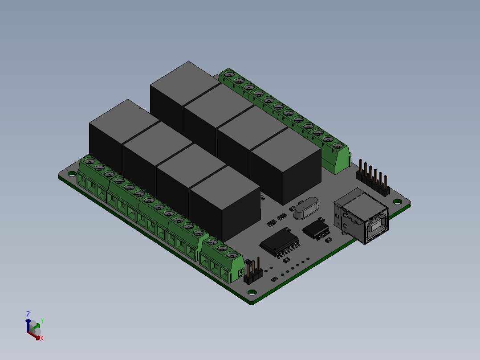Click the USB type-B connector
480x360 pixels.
[x=361, y=216]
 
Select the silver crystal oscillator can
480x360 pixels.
[x=306, y=209]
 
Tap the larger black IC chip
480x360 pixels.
[x=280, y=242]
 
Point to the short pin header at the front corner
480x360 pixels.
[x=253, y=271]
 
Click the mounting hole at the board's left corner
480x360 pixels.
[x=72, y=174]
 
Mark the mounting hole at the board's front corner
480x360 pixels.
[x=252, y=292]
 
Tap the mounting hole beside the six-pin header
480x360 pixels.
[x=397, y=201]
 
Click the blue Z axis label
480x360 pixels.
[x=28, y=315]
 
